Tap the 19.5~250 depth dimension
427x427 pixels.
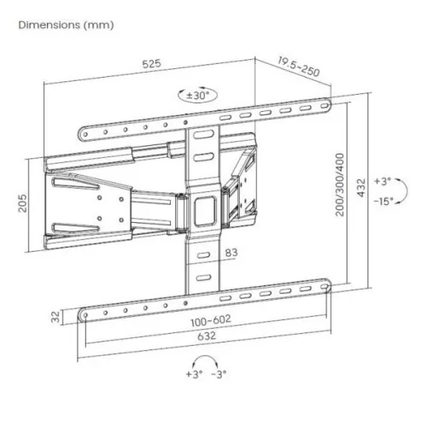click(299, 67)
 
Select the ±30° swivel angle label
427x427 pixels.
click(196, 95)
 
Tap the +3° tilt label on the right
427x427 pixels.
click(382, 181)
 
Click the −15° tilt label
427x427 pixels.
click(382, 202)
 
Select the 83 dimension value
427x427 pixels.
click(232, 252)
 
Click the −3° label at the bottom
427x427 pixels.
click(219, 375)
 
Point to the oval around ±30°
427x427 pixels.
click(196, 96)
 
